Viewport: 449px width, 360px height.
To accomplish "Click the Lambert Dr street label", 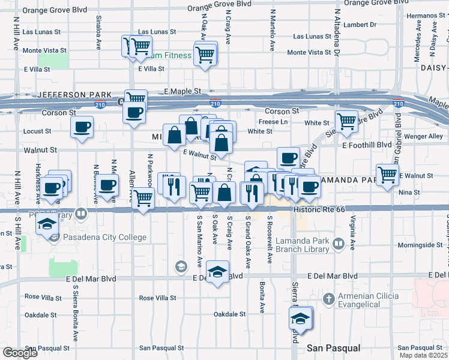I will pos(360,25).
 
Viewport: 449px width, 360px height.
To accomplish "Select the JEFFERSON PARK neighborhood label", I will pos(74,95).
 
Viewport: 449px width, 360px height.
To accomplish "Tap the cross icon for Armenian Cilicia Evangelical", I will pos(328,299).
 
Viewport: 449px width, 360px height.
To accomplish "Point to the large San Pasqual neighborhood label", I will pos(333,348).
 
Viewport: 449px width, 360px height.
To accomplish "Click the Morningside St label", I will pos(419,245).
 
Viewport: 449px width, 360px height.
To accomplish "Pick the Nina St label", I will pos(408,192).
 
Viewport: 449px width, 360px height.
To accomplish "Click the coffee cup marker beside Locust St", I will pos(82,127).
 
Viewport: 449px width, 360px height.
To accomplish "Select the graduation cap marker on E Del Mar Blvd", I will pos(218,271).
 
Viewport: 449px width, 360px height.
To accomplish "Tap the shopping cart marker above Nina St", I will pos(388,175).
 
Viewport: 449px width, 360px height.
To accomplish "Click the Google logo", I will pos(19,353).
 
